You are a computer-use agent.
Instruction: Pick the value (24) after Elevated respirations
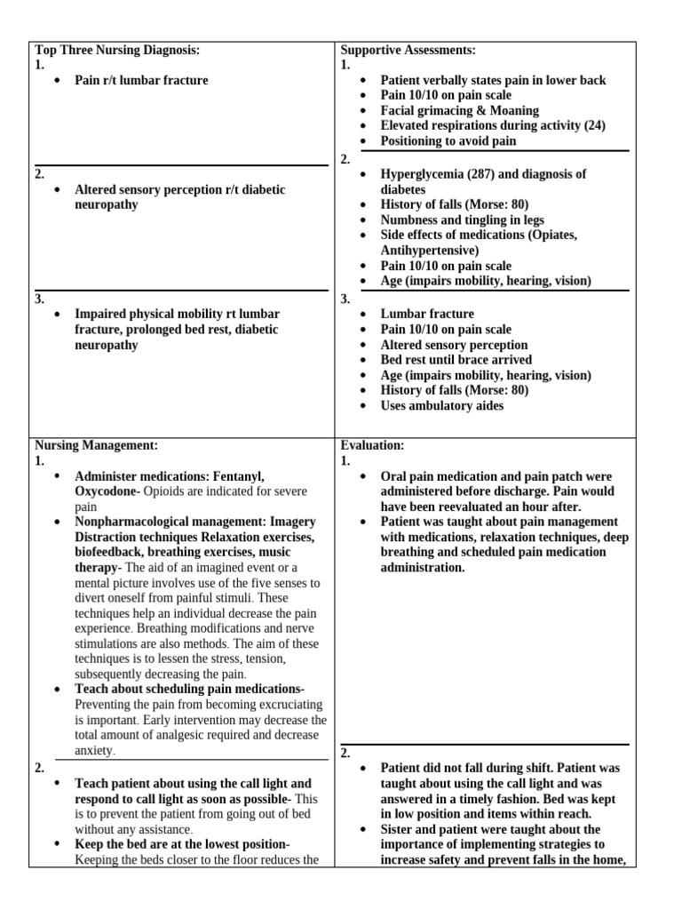[x=590, y=125]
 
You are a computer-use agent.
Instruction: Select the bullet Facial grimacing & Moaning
[x=459, y=110]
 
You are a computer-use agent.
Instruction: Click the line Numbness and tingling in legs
[x=462, y=220]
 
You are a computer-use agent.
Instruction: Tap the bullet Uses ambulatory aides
[x=441, y=405]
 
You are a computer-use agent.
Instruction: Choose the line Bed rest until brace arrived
[x=456, y=360]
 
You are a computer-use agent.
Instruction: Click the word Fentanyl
[x=241, y=476]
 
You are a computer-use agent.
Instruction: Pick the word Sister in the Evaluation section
[x=400, y=828]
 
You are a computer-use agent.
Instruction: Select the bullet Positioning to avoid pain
[x=448, y=140]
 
